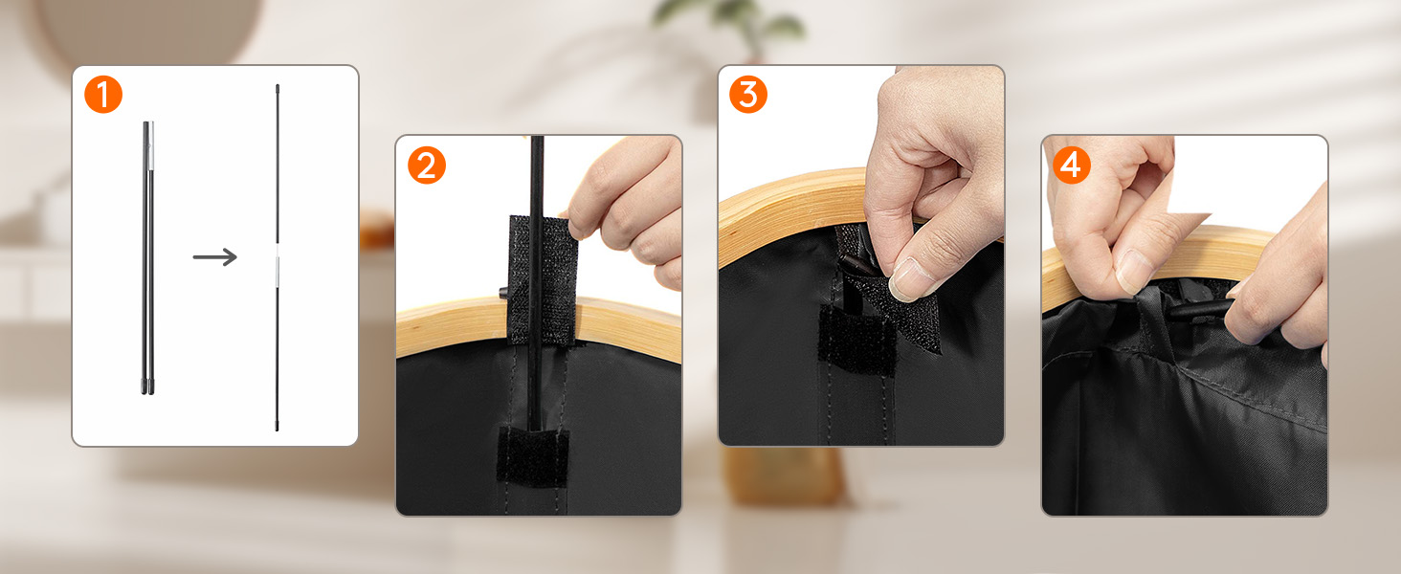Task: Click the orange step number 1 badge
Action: pyautogui.click(x=103, y=95)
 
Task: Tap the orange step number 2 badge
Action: pyautogui.click(x=427, y=166)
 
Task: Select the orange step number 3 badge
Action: pyautogui.click(x=748, y=95)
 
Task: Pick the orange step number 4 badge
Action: pyautogui.click(x=1072, y=166)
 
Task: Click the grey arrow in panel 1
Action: pyautogui.click(x=215, y=256)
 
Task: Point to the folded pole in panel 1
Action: pyautogui.click(x=147, y=257)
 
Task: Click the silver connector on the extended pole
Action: pyautogui.click(x=278, y=269)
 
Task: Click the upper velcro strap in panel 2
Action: pyautogui.click(x=543, y=280)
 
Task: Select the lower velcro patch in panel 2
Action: pyautogui.click(x=533, y=456)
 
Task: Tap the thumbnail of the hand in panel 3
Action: pyautogui.click(x=908, y=277)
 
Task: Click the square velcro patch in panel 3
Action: pyautogui.click(x=856, y=340)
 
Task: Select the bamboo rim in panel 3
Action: pyautogui.click(x=794, y=212)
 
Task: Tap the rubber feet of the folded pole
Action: pyautogui.click(x=147, y=386)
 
